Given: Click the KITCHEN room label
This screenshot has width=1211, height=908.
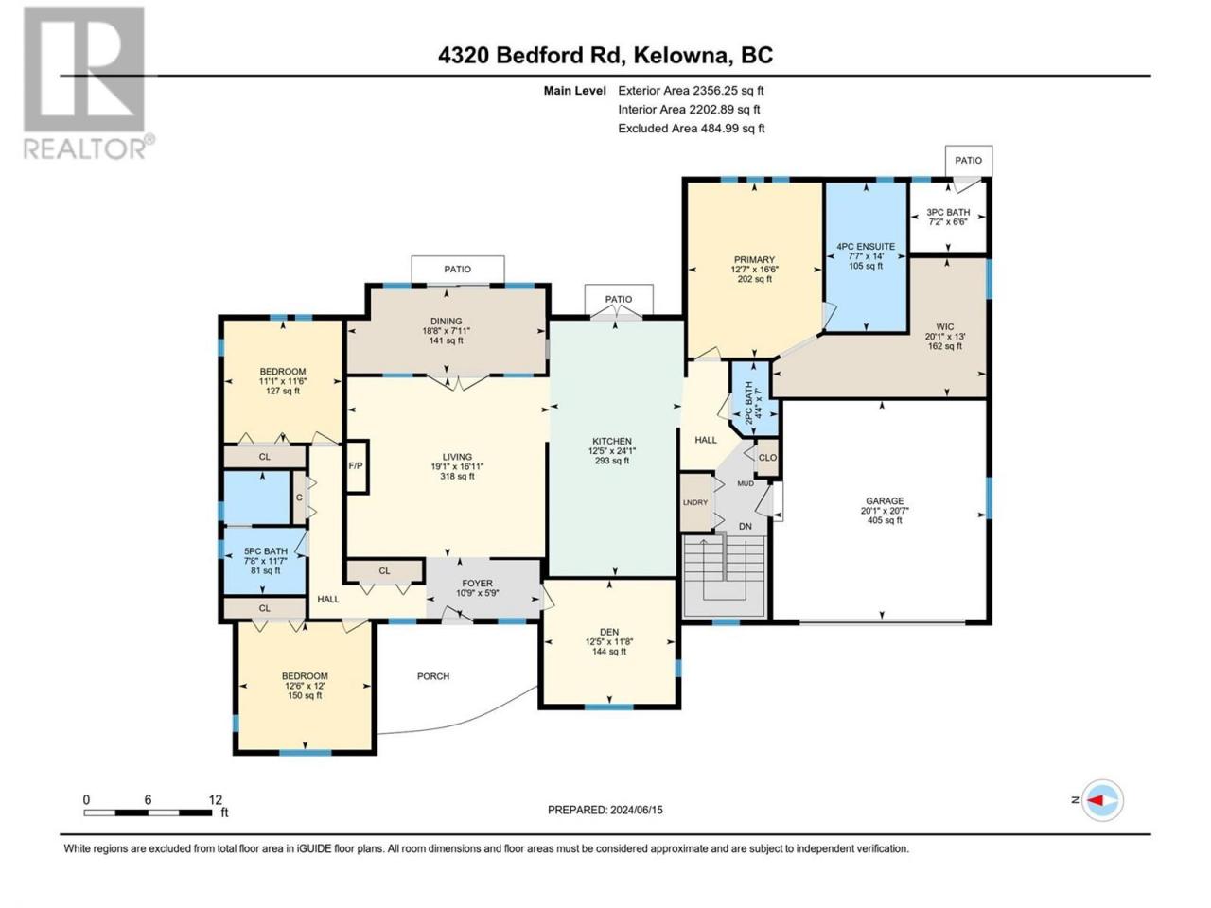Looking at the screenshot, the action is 612,441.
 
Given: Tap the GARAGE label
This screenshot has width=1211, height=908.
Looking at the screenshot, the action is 885,500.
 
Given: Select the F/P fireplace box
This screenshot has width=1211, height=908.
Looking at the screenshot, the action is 357,466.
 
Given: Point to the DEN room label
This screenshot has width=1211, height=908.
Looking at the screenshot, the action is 609,632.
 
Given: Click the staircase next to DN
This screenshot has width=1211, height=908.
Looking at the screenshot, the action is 725,576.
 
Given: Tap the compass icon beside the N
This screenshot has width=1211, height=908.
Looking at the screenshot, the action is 1102,800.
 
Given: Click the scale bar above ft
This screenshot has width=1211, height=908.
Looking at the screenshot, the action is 148,812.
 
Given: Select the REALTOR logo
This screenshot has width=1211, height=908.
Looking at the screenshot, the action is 88,82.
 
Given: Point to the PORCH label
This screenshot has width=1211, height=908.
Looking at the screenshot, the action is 433,676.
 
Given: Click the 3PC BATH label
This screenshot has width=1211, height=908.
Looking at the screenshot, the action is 948,212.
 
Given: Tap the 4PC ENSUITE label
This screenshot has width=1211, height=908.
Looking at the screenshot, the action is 866,247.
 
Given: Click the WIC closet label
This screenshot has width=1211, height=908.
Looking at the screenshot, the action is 944,327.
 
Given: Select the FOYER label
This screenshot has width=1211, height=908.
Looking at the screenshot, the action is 477,583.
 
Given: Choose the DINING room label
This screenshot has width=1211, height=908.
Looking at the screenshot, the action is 447,321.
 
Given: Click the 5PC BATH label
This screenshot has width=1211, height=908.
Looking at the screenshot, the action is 265,550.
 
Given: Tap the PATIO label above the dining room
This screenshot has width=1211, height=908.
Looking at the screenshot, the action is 457,269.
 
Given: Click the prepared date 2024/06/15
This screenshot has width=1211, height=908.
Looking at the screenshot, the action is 636,810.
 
